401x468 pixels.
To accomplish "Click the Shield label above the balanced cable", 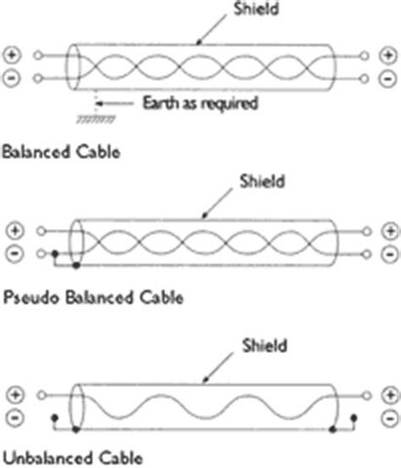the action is point(257,9).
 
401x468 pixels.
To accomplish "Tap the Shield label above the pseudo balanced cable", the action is point(262,181).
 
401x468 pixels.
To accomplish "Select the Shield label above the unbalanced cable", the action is point(264,345).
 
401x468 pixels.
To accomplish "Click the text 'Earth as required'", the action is point(201,104).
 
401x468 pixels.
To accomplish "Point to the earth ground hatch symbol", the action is point(96,120).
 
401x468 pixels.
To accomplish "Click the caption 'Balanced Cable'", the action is point(61,152).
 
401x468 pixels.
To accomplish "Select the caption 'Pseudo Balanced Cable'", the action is point(94,297).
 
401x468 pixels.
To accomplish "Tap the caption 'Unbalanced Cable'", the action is point(73,458).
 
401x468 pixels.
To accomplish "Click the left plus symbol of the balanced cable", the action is point(12,55).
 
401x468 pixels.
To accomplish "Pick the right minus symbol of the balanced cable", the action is point(388,79).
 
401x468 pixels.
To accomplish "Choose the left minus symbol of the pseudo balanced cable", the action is point(15,253).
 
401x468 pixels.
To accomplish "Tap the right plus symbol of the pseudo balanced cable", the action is point(390,231).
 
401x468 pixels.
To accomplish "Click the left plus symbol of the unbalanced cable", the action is point(16,395).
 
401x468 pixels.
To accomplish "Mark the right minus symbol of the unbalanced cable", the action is point(390,418).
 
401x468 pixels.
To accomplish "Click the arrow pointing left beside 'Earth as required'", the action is point(115,103).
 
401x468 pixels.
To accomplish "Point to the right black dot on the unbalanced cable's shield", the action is point(333,430).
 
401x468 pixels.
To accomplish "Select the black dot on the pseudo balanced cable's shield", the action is point(76,265).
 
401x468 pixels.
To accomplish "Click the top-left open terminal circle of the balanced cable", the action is point(38,56).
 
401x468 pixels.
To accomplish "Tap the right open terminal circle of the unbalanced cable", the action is point(367,396).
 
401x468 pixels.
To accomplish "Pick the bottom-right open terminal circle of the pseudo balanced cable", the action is point(367,253).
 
